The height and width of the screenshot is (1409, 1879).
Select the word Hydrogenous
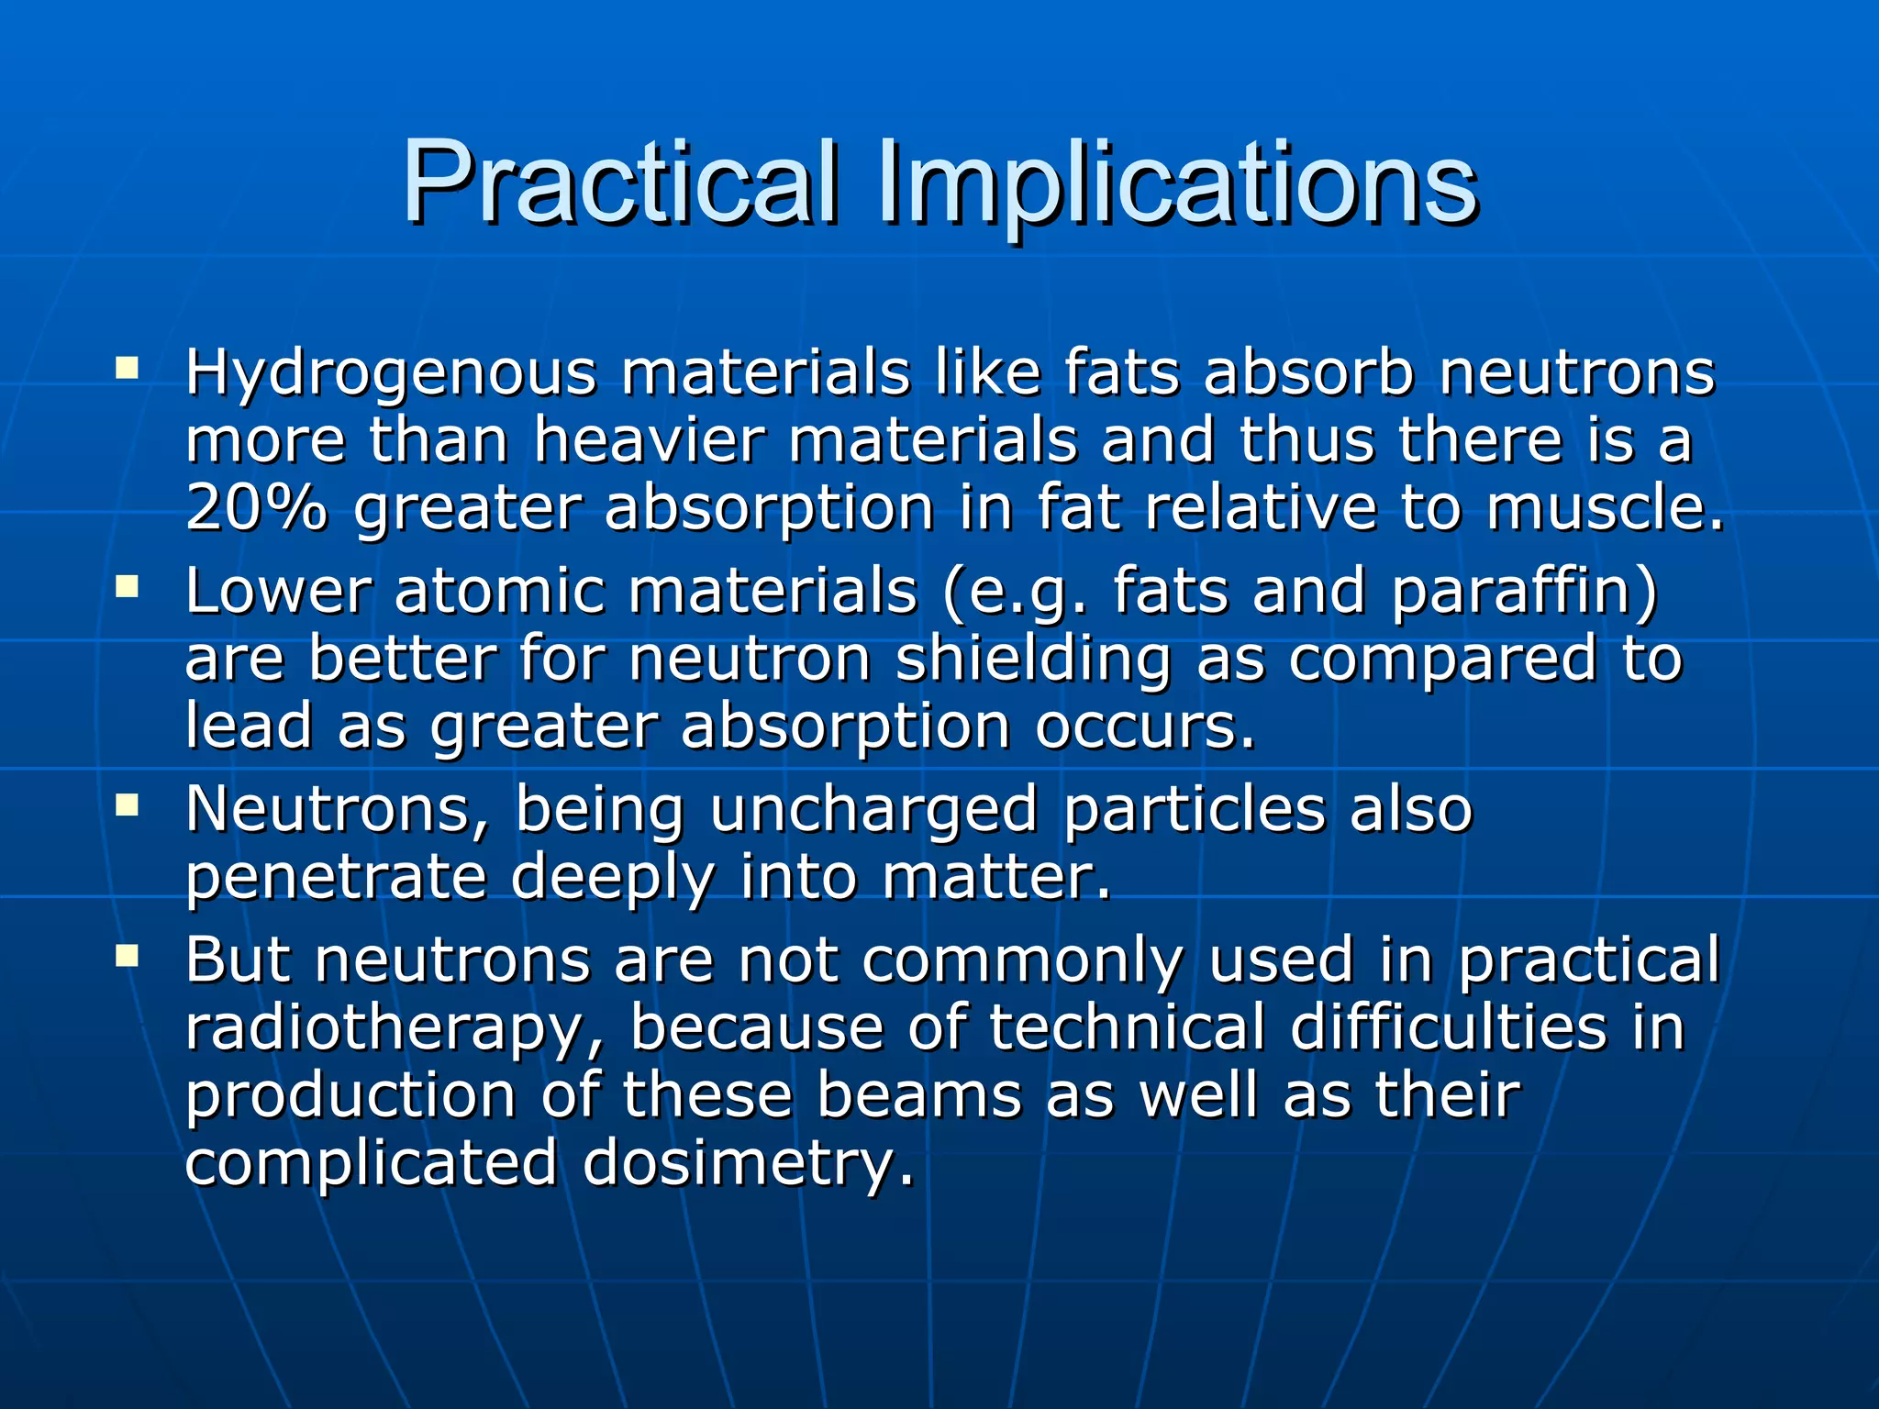click(x=390, y=374)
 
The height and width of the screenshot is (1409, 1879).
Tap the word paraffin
click(x=1524, y=592)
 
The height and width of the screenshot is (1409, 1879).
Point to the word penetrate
click(x=336, y=878)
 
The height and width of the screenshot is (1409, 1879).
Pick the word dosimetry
click(x=748, y=1162)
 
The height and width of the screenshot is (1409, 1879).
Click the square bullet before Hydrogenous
click(x=127, y=370)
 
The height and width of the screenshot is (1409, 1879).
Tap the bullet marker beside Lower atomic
click(x=127, y=586)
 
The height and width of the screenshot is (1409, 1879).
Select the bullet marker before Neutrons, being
click(x=127, y=805)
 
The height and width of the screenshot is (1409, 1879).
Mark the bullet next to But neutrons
click(x=127, y=957)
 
